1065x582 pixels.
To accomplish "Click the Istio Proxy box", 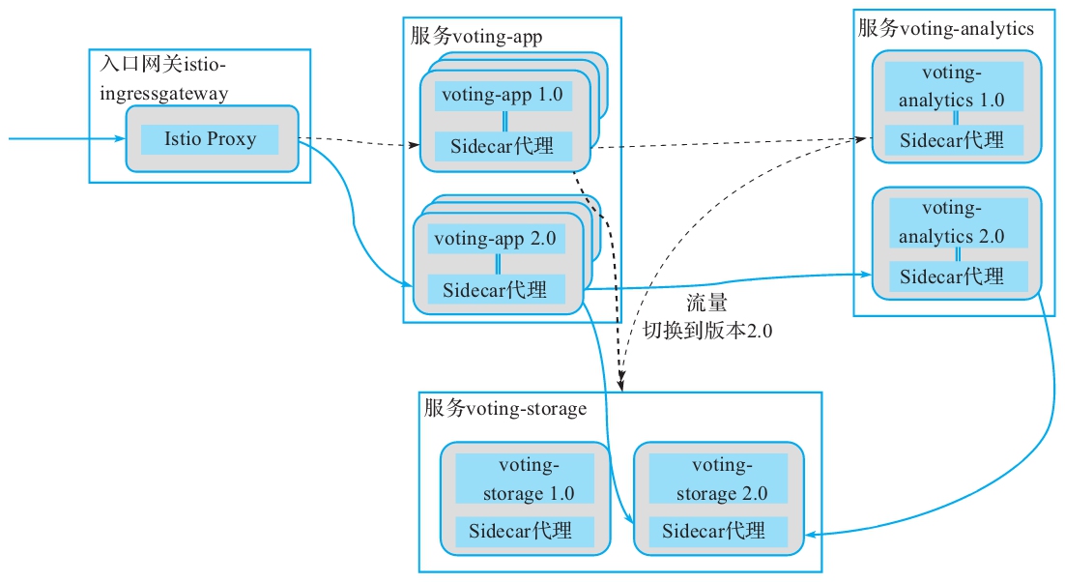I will point(210,139).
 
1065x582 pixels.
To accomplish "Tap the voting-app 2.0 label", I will point(496,239).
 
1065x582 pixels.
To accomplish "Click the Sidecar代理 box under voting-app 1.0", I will point(503,146).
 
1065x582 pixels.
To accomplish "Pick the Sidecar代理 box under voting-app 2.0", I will point(495,288).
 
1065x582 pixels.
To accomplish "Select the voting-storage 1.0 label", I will point(523,480).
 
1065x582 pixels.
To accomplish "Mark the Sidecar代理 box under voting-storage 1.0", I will point(523,531).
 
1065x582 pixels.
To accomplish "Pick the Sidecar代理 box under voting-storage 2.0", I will point(714,531).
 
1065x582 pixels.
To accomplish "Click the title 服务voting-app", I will point(476,37).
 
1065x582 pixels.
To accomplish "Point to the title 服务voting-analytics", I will point(946,29).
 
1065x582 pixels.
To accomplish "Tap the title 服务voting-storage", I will point(504,409).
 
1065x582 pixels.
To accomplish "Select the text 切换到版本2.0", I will point(708,330).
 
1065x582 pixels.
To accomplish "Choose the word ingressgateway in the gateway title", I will point(164,94).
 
